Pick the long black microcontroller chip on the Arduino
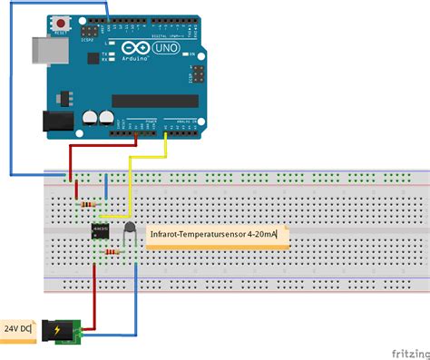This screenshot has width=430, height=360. [154, 101]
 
